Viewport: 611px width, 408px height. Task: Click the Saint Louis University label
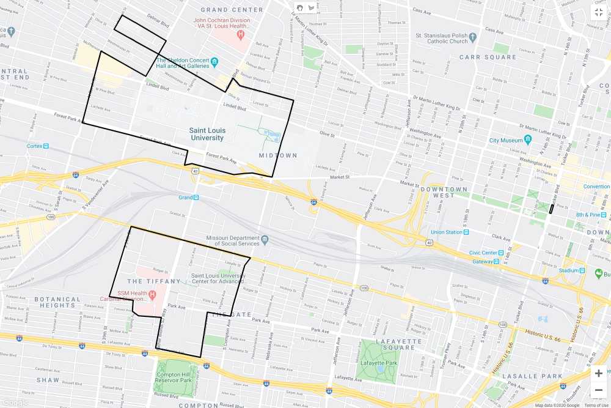click(x=207, y=134)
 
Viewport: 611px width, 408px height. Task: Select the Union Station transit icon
click(x=466, y=232)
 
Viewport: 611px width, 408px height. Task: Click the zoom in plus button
click(x=598, y=373)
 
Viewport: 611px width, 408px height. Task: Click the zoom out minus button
click(x=598, y=390)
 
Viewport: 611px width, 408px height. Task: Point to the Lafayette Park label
click(x=379, y=363)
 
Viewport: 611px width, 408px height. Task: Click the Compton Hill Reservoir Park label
click(x=174, y=377)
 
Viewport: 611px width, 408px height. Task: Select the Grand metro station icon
click(x=197, y=198)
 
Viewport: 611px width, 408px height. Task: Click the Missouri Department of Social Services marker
click(x=265, y=239)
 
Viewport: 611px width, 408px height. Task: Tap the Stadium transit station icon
click(x=581, y=270)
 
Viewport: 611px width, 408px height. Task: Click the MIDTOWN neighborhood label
click(x=277, y=155)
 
